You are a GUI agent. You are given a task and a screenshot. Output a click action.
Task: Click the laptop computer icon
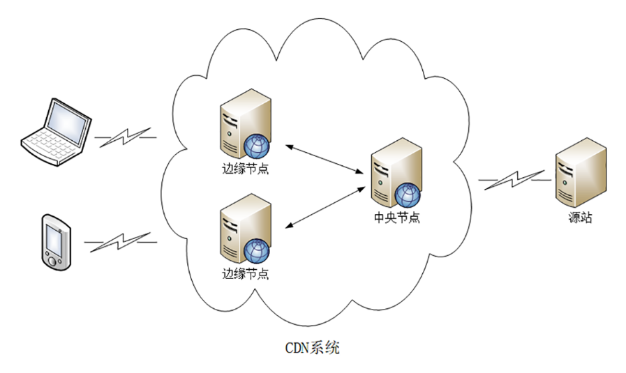tap(56, 132)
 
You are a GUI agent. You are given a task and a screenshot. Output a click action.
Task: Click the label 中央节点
tap(396, 218)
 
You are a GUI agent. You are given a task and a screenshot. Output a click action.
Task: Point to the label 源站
tap(580, 218)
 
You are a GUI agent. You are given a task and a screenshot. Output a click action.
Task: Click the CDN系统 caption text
tap(312, 347)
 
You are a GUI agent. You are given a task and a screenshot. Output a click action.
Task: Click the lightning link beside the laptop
tap(126, 137)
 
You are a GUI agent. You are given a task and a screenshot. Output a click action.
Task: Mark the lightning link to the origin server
tap(513, 180)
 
